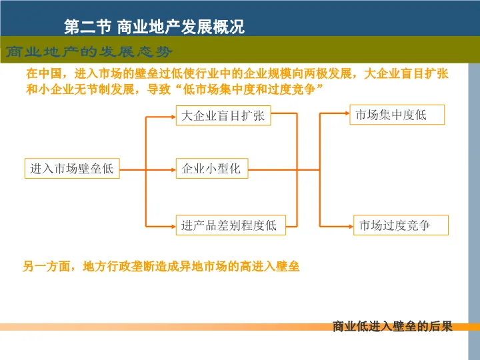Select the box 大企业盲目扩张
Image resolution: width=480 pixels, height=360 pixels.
click(223, 116)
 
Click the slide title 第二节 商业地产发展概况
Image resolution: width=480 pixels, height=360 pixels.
click(154, 27)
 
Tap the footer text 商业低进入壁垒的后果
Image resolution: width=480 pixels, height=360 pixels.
click(392, 327)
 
